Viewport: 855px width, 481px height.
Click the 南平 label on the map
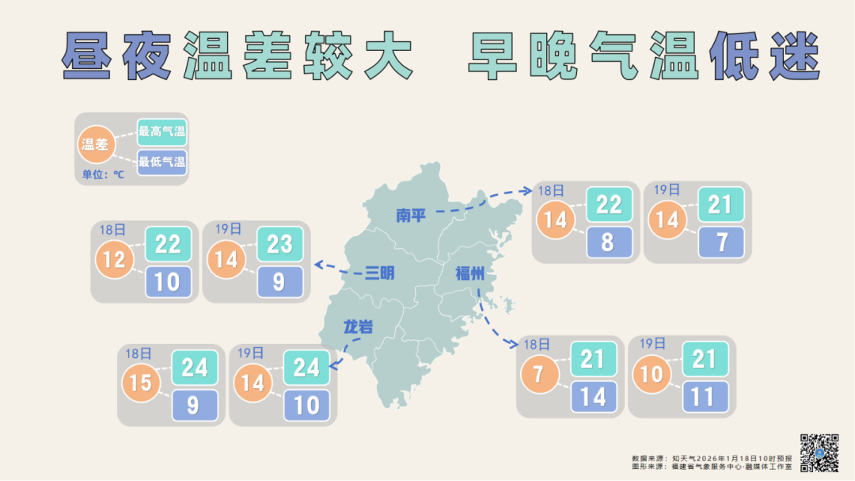411,216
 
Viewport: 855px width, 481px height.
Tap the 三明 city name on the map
379,274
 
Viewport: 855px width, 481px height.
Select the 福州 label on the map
469,274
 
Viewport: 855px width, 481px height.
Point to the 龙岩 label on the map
358,327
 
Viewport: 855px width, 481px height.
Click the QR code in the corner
819,453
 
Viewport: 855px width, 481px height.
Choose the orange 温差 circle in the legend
95,144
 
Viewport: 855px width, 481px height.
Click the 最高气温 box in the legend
161,132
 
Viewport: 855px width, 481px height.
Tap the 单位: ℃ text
103,174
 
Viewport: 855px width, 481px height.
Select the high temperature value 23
279,244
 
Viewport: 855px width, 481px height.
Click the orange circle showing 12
114,259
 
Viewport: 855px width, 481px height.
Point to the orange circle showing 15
141,383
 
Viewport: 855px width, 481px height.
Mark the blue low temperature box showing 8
608,242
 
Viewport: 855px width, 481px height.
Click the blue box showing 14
593,396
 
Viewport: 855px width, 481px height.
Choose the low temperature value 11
703,396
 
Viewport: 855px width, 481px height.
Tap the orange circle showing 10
651,373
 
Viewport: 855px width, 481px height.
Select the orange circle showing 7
539,373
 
